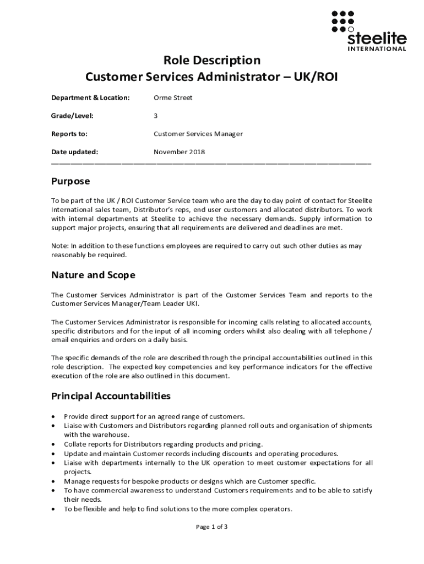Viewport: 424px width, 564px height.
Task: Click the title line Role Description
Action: pos(211,59)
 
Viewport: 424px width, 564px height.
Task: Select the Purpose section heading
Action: pos(70,181)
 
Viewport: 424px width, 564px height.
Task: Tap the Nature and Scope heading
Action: pos(93,275)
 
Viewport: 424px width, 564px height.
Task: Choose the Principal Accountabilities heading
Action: pos(111,396)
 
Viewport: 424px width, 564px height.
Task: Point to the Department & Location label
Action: pos(90,98)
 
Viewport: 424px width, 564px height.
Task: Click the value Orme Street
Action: pos(173,98)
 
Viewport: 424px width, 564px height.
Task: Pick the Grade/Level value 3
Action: pos(156,116)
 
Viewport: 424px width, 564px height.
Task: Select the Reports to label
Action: pos(69,134)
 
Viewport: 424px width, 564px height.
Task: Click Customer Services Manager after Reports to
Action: pos(198,134)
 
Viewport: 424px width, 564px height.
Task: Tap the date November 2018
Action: pos(179,152)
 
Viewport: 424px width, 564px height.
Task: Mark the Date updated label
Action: pos(74,152)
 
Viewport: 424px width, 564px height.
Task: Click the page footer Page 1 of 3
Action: pos(212,527)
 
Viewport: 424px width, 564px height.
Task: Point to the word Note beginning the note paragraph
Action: pos(59,246)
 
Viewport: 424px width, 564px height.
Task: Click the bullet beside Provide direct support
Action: pos(52,416)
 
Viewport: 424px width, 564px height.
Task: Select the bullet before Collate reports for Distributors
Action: pos(52,444)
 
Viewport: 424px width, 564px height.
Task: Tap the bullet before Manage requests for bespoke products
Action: pos(52,481)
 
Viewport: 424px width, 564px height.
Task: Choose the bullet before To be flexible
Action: pos(52,509)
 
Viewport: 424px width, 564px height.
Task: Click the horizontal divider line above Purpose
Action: pos(211,164)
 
